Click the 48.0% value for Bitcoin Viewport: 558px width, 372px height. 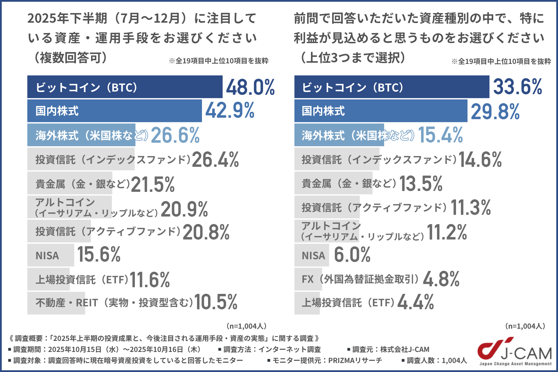pyautogui.click(x=250, y=87)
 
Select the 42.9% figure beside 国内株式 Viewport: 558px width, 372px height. pyautogui.click(x=230, y=110)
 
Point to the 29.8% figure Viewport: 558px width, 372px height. pyautogui.click(x=495, y=112)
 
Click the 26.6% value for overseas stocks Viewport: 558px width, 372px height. pyautogui.click(x=175, y=135)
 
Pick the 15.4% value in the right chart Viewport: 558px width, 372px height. pyautogui.click(x=440, y=135)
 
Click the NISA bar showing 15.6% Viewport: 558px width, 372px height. pyautogui.click(x=51, y=255)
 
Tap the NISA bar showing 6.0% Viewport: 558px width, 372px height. pyautogui.click(x=312, y=255)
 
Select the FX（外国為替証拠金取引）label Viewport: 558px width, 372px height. pyautogui.click(x=360, y=279)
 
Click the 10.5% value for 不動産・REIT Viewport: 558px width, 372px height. pyautogui.click(x=216, y=302)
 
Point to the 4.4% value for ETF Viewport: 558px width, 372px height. pyautogui.click(x=416, y=302)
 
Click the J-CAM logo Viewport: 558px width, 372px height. pyautogui.click(x=515, y=351)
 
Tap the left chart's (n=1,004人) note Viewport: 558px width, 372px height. pyautogui.click(x=246, y=326)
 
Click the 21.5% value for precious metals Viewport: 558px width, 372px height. pyautogui.click(x=153, y=184)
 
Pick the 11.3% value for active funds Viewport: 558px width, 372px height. pyautogui.click(x=471, y=208)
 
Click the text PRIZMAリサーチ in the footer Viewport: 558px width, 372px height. pyautogui.click(x=355, y=360)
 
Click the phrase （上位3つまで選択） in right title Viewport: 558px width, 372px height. pyautogui.click(x=353, y=58)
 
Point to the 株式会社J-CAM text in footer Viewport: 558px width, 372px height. pyautogui.click(x=405, y=349)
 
